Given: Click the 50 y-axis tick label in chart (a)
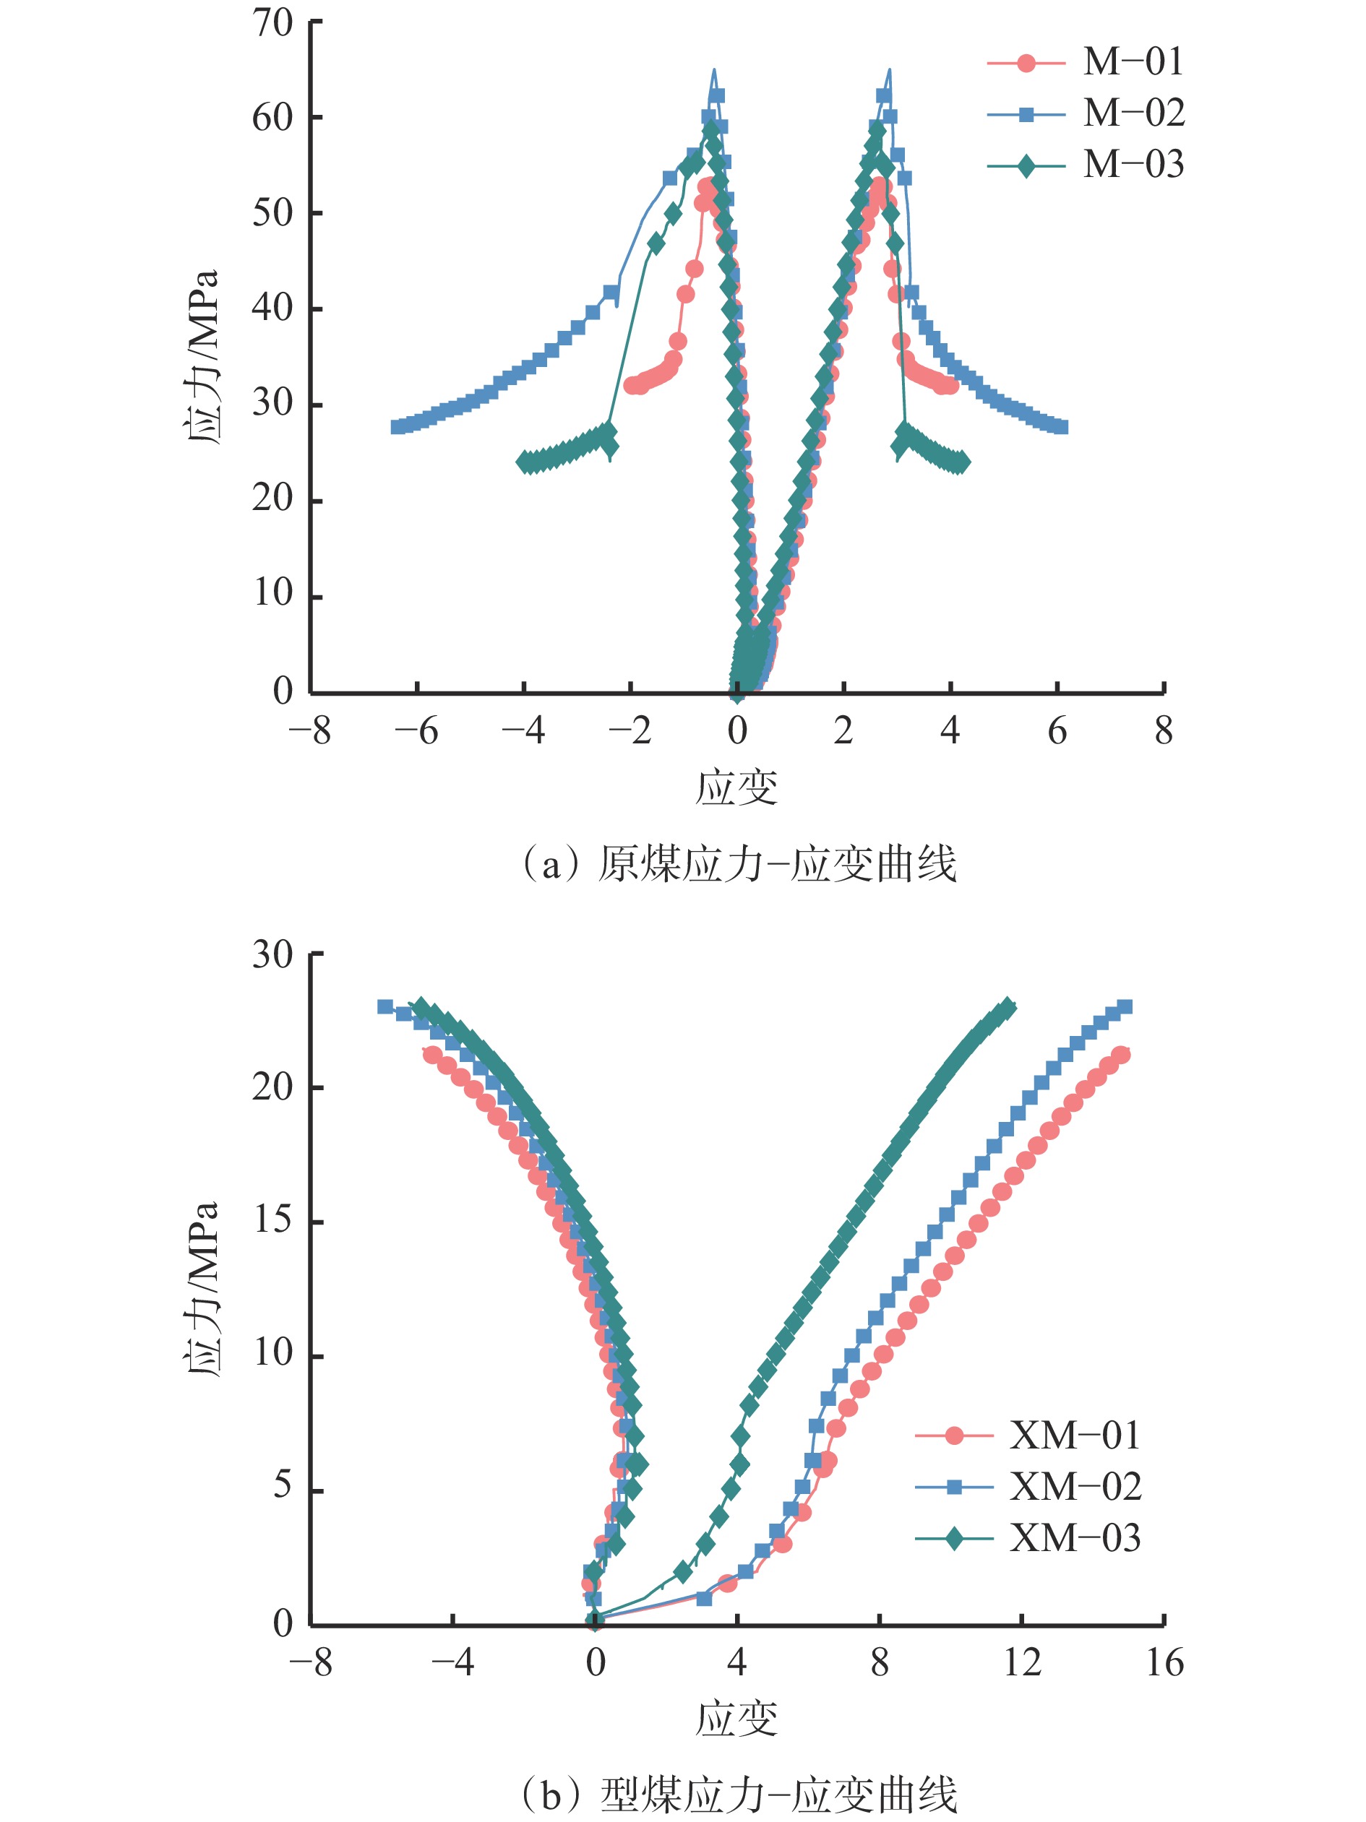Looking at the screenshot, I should click(272, 213).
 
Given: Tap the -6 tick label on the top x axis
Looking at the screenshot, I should click(416, 730).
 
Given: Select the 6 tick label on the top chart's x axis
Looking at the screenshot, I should click(1057, 730).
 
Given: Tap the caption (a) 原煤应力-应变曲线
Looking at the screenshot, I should click(738, 864).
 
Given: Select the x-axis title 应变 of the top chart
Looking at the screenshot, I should click(736, 788).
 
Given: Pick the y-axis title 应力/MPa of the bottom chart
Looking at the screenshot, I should click(202, 1289).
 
